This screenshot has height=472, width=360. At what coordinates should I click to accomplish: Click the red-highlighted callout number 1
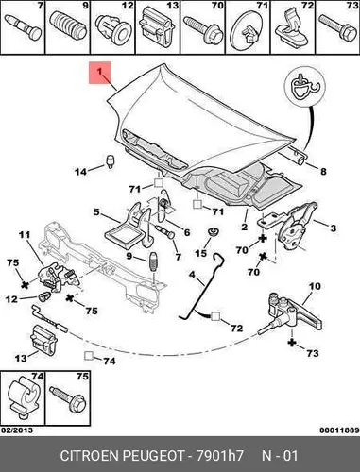(99, 72)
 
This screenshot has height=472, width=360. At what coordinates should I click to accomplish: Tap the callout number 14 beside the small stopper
(80, 172)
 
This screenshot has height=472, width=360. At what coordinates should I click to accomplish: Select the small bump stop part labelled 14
(110, 160)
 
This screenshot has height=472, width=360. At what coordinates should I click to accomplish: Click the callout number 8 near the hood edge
(323, 172)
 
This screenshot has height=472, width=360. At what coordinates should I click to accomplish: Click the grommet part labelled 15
(213, 233)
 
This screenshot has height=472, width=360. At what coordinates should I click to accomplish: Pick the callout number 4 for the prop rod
(192, 275)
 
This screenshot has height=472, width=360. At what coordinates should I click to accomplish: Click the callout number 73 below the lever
(313, 353)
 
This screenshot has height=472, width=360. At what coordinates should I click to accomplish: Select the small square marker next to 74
(89, 356)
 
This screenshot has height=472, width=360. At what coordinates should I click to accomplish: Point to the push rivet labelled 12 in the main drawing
(44, 296)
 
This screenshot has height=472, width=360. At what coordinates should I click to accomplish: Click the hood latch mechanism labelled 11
(59, 277)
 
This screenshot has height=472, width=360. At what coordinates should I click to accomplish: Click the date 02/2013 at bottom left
(17, 430)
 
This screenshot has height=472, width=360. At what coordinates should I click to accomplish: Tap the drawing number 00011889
(339, 430)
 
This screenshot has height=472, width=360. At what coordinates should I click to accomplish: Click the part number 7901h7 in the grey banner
(220, 456)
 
